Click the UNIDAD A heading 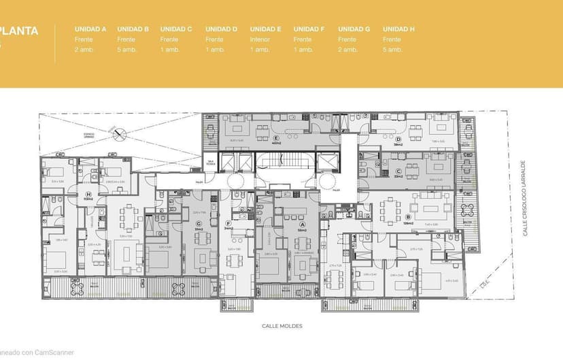point(90,29)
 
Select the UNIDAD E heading point(265,29)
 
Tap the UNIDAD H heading point(398,29)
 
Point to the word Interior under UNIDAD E point(260,39)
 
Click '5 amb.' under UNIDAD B point(126,50)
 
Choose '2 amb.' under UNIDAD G point(347,50)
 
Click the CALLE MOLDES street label point(281,326)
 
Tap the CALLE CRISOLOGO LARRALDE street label point(524,199)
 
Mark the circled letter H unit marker point(88,193)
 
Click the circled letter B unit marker point(407,218)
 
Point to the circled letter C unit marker point(398,171)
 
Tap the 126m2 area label point(408,224)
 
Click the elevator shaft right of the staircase point(329,162)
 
